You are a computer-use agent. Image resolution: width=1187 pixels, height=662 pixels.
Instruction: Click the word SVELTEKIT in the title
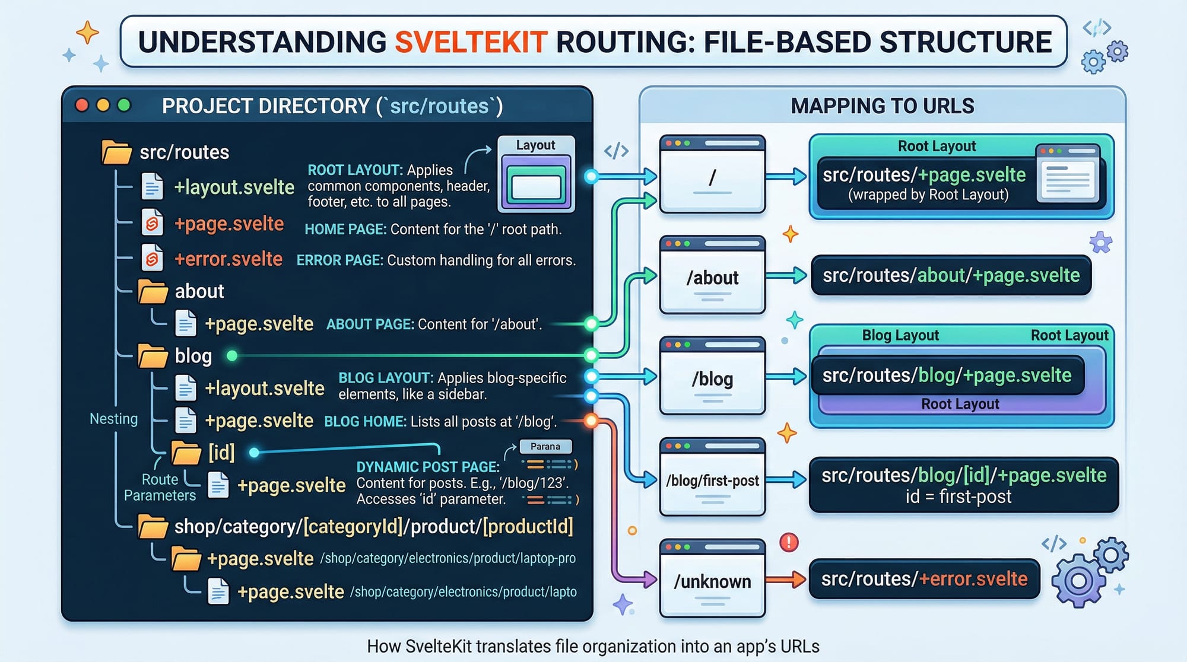pos(471,42)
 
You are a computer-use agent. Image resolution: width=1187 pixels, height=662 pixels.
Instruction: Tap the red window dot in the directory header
pos(82,106)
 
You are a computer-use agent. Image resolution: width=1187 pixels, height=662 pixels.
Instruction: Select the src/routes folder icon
pos(116,152)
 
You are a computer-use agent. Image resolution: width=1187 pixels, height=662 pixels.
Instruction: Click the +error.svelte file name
pos(228,259)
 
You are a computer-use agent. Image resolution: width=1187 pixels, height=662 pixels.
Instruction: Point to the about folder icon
pos(153,291)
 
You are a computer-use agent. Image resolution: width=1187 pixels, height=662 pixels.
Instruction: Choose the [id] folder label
pos(221,453)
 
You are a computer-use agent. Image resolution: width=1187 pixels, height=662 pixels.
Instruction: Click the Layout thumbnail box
pos(536,174)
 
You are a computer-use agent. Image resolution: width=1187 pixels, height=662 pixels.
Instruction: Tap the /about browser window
pos(712,275)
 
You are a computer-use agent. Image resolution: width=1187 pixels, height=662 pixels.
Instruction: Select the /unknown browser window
pos(712,578)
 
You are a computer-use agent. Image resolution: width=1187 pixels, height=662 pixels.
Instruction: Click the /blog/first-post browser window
pos(712,477)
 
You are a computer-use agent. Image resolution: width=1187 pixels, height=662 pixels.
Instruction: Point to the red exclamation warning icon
pos(789,542)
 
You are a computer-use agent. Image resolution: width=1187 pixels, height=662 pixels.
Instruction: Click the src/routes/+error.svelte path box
pos(924,579)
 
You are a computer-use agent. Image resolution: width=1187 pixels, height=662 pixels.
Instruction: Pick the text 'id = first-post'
pos(958,497)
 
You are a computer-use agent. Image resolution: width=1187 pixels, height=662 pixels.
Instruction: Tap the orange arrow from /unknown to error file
pos(786,580)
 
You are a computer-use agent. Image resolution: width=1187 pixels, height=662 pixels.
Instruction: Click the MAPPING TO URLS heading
pos(882,106)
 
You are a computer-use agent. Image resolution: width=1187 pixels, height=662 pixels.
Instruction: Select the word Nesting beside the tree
pos(113,419)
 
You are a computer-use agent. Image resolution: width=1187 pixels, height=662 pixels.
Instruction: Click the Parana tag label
pos(545,447)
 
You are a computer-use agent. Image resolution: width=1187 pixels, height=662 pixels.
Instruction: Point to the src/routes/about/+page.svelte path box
pos(951,275)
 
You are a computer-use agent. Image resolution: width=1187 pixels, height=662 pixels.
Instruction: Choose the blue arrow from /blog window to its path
pos(786,376)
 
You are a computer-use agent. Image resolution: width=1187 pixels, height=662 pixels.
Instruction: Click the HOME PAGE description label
pos(345,230)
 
